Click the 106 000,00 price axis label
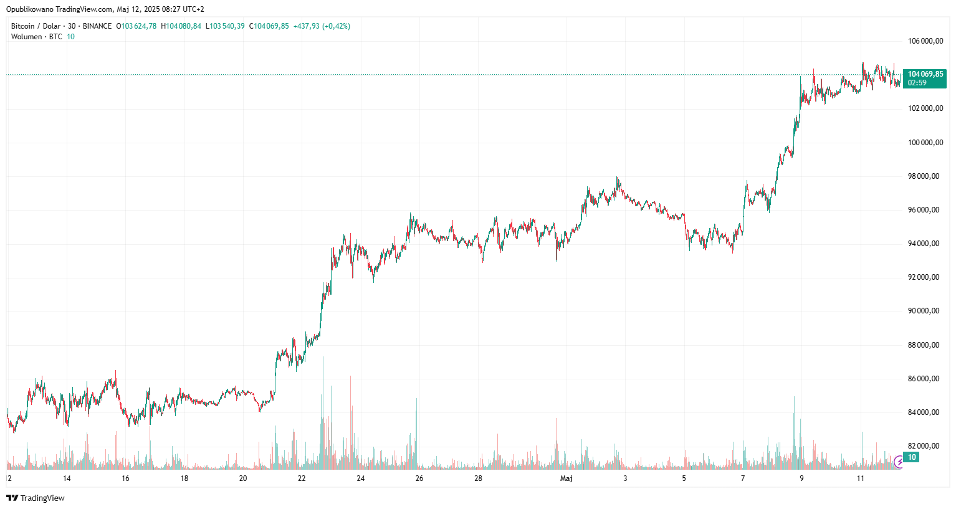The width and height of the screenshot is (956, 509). (925, 41)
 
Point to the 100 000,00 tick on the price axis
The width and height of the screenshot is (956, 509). (925, 143)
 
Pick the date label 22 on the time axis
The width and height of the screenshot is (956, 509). (302, 478)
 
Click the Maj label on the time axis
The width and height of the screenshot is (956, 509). (566, 478)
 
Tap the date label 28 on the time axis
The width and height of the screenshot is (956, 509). (478, 478)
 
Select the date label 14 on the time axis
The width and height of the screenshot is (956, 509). (67, 478)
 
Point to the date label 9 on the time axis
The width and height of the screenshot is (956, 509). (801, 478)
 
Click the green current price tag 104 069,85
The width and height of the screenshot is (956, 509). (925, 74)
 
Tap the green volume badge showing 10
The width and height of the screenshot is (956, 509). (912, 457)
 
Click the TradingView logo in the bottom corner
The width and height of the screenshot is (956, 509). (36, 498)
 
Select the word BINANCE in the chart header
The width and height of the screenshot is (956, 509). (97, 26)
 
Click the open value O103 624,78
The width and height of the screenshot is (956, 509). (139, 26)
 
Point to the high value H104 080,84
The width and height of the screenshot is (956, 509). (181, 26)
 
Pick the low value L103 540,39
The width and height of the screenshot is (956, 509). (227, 26)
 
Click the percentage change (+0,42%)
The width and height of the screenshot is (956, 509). (336, 26)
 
